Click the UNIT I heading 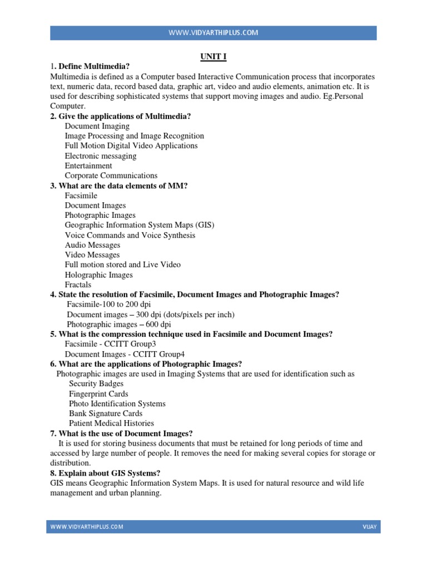point(213,56)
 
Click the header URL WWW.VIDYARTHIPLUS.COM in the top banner point(213,33)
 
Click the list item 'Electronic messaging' point(100,156)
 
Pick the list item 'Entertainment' point(88,166)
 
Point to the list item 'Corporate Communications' point(111,176)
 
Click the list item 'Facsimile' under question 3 point(81,196)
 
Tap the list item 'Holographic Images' point(98,274)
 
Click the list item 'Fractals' point(78,284)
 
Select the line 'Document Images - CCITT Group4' point(125,354)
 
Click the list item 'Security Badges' point(96,383)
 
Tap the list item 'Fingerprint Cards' point(98,393)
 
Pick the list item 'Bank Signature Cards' point(106,413)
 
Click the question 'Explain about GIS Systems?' point(105,473)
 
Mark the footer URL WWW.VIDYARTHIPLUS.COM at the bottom point(87,526)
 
